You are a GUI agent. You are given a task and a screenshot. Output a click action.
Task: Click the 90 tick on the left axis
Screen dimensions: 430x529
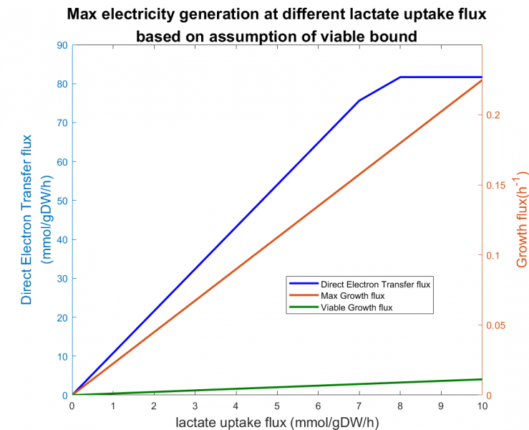(62, 45)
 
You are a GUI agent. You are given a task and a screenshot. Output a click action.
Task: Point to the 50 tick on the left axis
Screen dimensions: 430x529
(62, 201)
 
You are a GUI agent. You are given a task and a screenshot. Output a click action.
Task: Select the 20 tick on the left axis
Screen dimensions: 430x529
(62, 317)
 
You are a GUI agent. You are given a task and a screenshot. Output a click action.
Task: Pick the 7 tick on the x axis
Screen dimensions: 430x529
(359, 405)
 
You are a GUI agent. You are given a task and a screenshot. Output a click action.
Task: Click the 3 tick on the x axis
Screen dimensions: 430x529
(195, 405)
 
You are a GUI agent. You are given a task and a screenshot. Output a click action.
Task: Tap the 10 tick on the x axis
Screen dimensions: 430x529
(482, 405)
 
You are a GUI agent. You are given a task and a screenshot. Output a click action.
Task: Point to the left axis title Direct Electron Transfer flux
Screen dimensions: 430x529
(26, 219)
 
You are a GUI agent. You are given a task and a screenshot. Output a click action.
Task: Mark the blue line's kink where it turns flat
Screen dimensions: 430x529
(401, 77)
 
